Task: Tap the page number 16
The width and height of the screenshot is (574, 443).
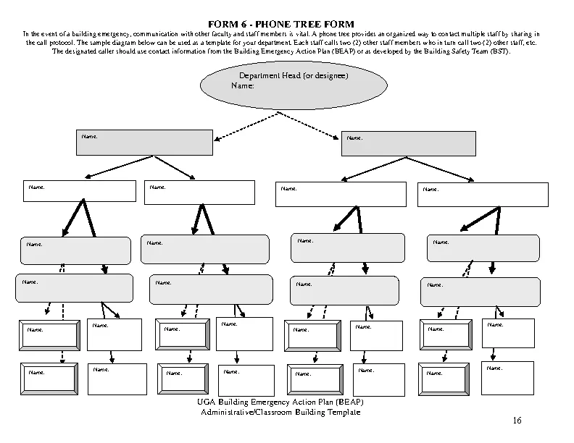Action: pos(516,421)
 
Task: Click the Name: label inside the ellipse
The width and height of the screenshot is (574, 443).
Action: pos(242,86)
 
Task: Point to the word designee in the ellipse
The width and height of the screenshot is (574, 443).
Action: pos(330,76)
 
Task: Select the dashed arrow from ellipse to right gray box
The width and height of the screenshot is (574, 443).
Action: pos(313,127)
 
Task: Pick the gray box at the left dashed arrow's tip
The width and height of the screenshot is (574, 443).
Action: pos(144,143)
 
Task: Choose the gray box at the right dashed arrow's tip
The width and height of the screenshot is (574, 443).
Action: pos(408,143)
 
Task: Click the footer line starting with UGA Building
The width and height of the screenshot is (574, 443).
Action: pos(280,402)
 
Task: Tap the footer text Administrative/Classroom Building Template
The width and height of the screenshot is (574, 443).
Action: pos(280,413)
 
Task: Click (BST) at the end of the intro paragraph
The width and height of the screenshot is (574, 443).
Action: pos(499,52)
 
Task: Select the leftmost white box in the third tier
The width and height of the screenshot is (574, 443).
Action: pos(80,192)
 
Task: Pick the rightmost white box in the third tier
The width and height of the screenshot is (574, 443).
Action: pos(483,195)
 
